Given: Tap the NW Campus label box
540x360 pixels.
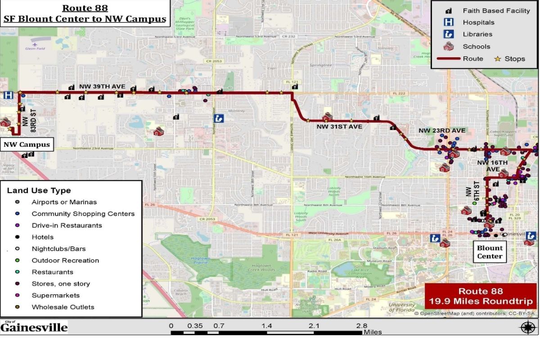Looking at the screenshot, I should pyautogui.click(x=26, y=144).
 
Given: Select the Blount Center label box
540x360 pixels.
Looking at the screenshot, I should pyautogui.click(x=490, y=252).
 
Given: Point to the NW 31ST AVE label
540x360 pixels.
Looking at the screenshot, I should pyautogui.click(x=339, y=127).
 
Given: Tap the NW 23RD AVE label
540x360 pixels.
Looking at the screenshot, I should pyautogui.click(x=442, y=130).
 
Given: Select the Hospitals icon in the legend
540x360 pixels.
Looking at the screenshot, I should pyautogui.click(x=449, y=22).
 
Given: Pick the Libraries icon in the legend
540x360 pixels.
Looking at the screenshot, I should pyautogui.click(x=449, y=34).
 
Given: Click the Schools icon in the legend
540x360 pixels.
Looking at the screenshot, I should pyautogui.click(x=449, y=46).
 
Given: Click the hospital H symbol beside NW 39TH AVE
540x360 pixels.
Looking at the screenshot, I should pyautogui.click(x=8, y=95).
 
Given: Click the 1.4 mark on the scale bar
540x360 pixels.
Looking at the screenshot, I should pyautogui.click(x=267, y=326).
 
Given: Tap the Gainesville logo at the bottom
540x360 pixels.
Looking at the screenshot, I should pyautogui.click(x=34, y=327).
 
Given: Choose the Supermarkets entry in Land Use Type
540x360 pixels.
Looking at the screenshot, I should pyautogui.click(x=56, y=296).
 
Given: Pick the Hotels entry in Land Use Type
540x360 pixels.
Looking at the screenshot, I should pyautogui.click(x=43, y=237).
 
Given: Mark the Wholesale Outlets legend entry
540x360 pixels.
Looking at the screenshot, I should pyautogui.click(x=63, y=307).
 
